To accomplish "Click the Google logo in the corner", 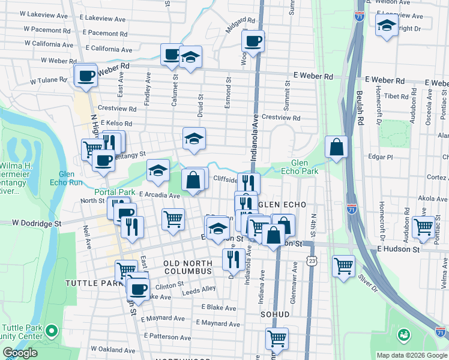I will tap(20, 353).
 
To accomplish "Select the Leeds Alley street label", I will tap(199, 289).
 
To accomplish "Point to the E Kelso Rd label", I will tap(116, 124).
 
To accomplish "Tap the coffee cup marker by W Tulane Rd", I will tap(86, 76).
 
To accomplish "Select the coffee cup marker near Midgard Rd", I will tap(253, 41).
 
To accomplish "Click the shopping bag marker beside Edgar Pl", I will tap(337, 146).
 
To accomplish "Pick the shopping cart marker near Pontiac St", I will tap(424, 227).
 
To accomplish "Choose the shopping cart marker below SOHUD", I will tap(277, 338).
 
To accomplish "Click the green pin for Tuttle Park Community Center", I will tap(52, 330).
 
